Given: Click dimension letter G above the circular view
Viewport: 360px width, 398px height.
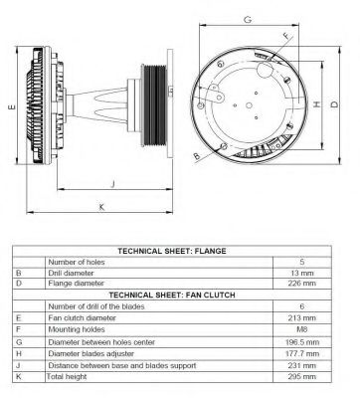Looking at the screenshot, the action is [x=248, y=20].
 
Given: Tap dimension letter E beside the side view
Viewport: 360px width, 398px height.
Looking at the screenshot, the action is [x=12, y=106].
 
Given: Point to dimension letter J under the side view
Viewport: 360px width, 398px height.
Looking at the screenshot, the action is [x=113, y=184].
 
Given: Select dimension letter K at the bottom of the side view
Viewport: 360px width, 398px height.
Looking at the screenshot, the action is [x=101, y=207].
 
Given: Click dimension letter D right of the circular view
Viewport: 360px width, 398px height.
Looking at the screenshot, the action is [x=335, y=104].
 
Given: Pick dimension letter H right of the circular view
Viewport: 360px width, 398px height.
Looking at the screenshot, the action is [x=317, y=104].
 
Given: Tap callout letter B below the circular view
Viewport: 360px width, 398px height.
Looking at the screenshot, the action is [x=197, y=156].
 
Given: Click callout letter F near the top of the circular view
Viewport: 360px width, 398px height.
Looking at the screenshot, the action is [x=286, y=36].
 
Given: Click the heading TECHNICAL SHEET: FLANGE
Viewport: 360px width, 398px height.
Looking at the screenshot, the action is [x=172, y=251].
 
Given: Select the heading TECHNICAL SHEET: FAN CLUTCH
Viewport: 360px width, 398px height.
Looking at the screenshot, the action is [x=172, y=295].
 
